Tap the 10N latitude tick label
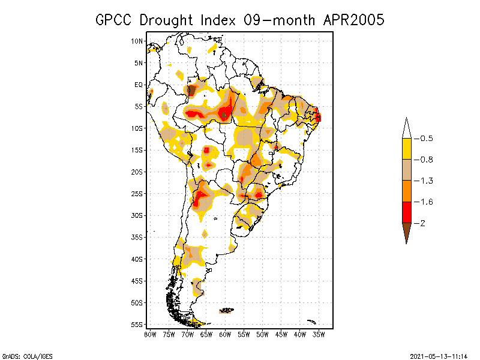tap(137, 41)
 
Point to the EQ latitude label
tap(139, 85)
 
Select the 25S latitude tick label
tap(137, 194)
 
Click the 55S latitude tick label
tap(137, 325)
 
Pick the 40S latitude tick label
tap(137, 259)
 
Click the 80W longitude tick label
tap(150, 334)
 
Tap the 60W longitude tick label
tap(225, 334)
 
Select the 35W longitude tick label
tap(319, 334)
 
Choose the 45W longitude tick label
tap(281, 334)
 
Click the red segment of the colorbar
tap(406, 212)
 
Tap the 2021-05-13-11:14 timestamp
tap(439, 355)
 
